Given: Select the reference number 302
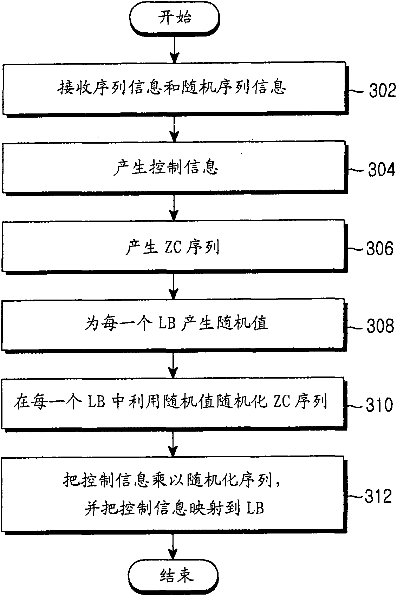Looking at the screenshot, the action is [x=382, y=90].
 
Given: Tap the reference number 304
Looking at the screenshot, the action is [x=382, y=169].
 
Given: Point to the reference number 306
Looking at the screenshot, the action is [x=380, y=249].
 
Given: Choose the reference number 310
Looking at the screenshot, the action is [x=379, y=405].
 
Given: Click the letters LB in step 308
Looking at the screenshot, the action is [x=167, y=323].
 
